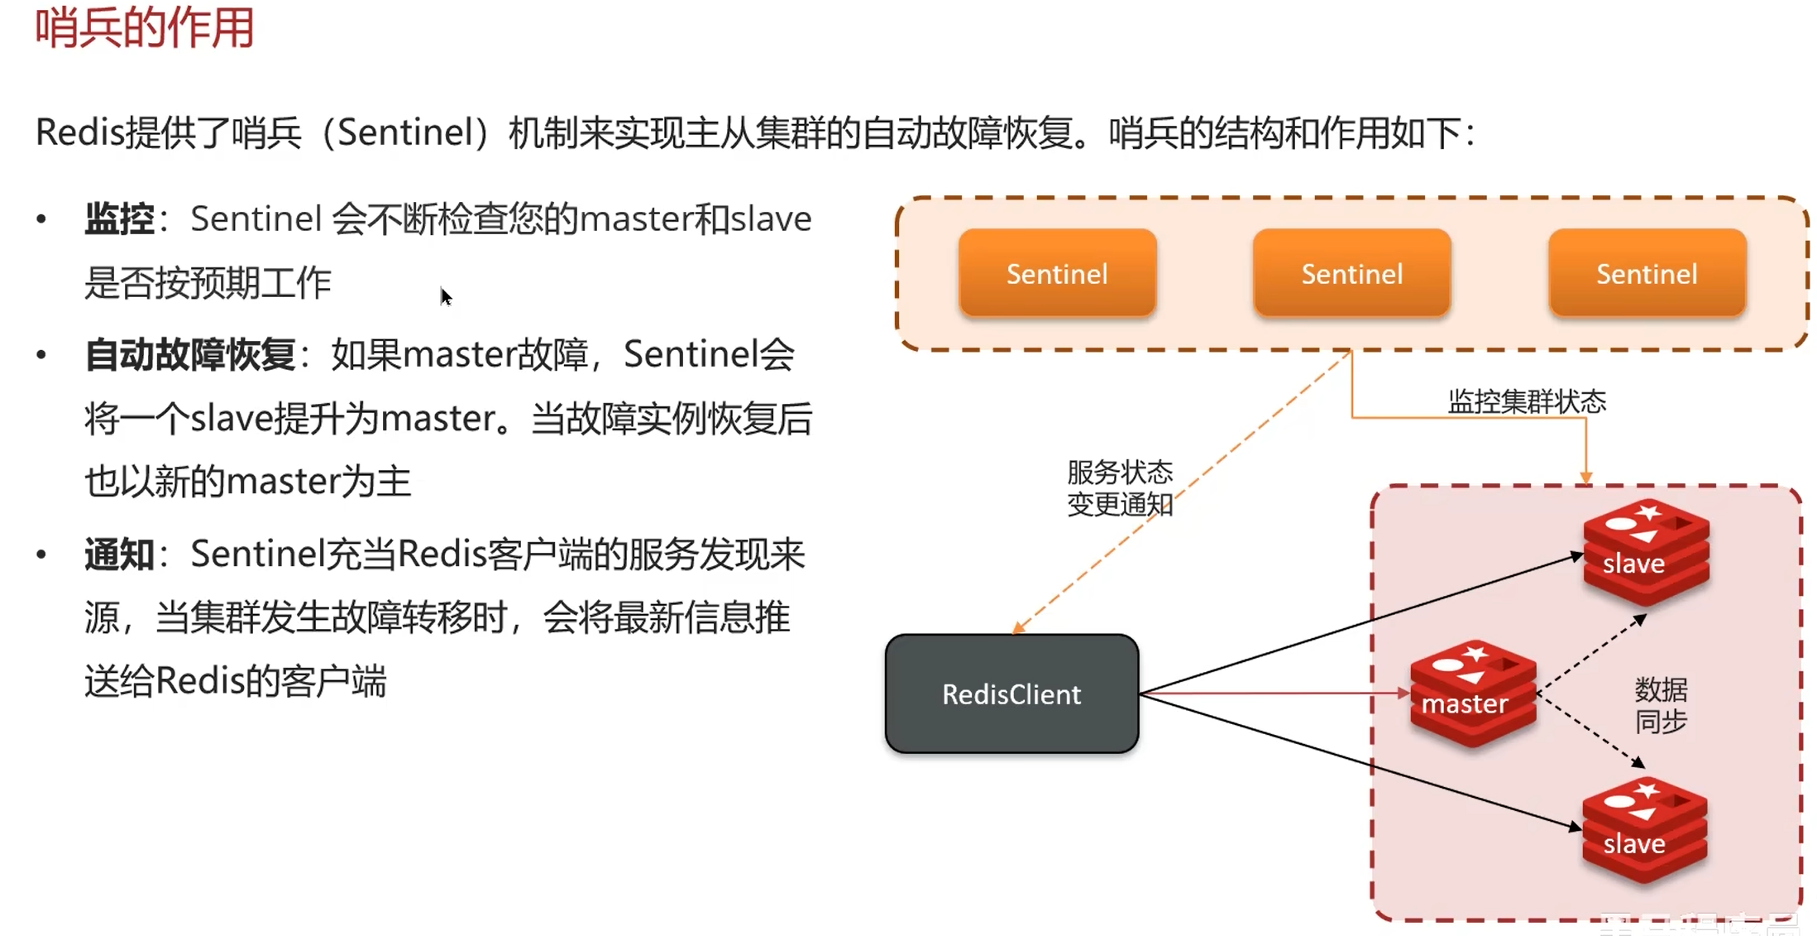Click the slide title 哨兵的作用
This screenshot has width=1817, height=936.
(x=144, y=28)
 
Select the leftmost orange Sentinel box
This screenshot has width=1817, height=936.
(x=1056, y=274)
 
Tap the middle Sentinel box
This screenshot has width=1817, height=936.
(x=1351, y=274)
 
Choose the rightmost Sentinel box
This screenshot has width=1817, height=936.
(x=1646, y=274)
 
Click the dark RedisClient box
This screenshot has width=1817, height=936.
(x=1011, y=694)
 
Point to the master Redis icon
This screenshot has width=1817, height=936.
(x=1472, y=694)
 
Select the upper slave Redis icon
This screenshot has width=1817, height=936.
(x=1646, y=552)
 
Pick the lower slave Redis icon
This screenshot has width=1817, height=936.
(x=1644, y=831)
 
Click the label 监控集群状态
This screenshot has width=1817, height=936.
(x=1526, y=402)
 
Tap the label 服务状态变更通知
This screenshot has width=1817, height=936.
(x=1119, y=488)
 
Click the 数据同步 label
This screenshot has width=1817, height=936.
(x=1661, y=705)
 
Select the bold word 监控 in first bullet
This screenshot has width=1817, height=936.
(x=119, y=219)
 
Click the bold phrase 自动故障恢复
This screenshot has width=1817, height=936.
(x=190, y=355)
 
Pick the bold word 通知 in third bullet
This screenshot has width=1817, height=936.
(x=119, y=554)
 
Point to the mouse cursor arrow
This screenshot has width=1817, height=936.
(x=445, y=295)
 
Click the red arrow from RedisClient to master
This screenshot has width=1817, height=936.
(x=1274, y=693)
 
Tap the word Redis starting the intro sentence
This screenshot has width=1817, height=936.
(x=79, y=132)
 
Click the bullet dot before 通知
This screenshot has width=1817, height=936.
(x=41, y=554)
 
